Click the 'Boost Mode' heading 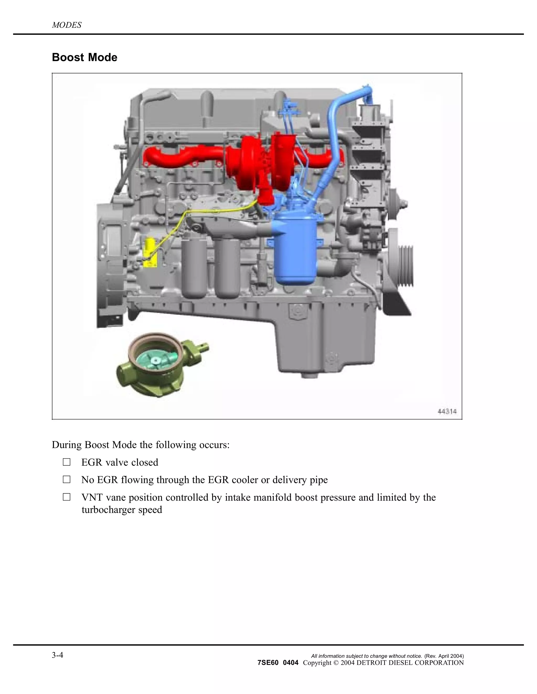click(x=84, y=58)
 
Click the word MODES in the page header click(x=67, y=25)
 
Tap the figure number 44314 click(x=447, y=411)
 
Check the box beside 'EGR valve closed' click(x=67, y=462)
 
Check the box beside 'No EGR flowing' click(x=67, y=480)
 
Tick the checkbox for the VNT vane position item click(x=67, y=497)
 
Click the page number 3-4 click(x=58, y=655)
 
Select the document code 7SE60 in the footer click(x=268, y=663)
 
